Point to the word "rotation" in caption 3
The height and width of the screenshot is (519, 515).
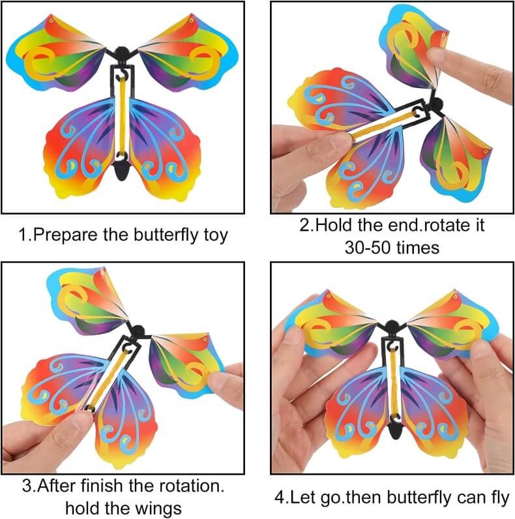(x=188, y=486)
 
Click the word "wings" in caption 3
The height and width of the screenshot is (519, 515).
(x=158, y=509)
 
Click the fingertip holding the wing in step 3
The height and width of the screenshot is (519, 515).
(x=221, y=378)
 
